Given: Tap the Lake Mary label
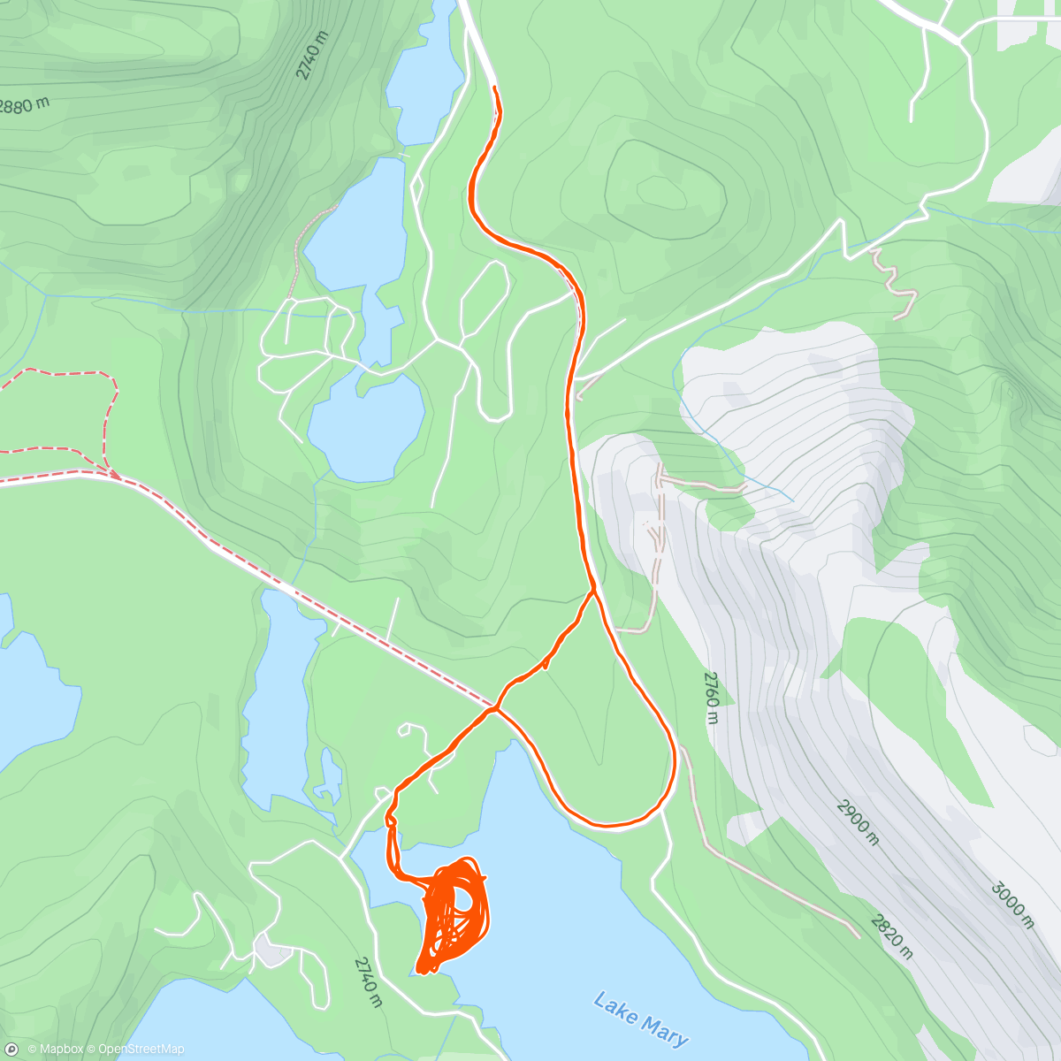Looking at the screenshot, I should (x=641, y=1019).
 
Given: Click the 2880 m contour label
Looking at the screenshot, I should (x=22, y=105).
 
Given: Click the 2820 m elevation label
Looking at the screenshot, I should (x=891, y=936).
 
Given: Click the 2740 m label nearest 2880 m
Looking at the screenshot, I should (x=312, y=55).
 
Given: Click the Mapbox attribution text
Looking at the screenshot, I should (x=55, y=1050).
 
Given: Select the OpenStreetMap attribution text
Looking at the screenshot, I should (x=141, y=1050).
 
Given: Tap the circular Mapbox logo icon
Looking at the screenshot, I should (x=11, y=1050).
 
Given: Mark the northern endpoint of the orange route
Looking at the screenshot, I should (x=493, y=88).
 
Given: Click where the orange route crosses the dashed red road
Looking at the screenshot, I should (x=494, y=707).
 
